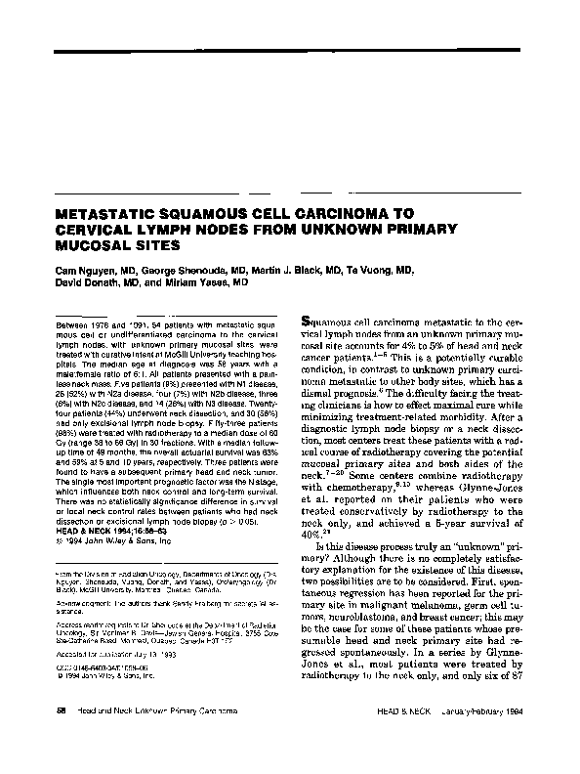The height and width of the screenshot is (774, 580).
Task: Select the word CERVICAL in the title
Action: [x=77, y=230]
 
